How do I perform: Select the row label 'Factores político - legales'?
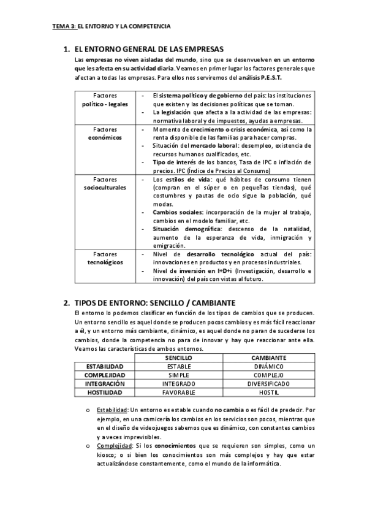(105, 101)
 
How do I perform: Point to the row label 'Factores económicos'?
(105, 134)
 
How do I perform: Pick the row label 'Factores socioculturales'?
(105, 183)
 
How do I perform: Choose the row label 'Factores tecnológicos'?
(105, 258)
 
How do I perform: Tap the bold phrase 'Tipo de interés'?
(173, 162)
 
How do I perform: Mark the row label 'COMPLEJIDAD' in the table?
(105, 375)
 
